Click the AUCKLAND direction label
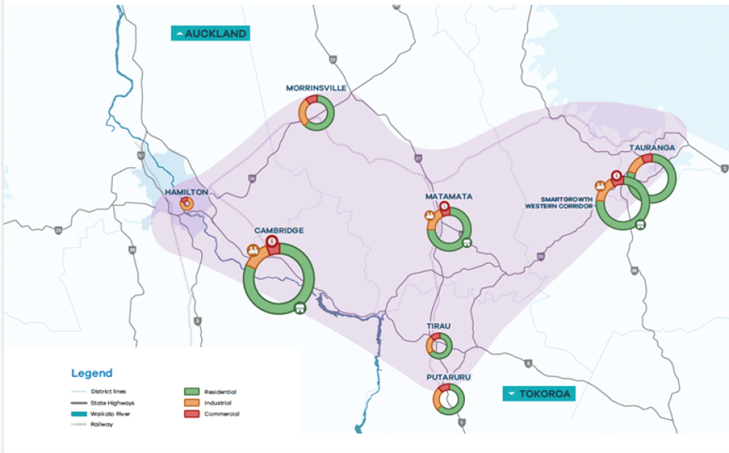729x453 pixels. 211,34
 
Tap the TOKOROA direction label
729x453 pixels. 539,393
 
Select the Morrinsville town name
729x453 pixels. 316,88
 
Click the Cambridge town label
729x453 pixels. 279,230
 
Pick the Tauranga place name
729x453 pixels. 651,147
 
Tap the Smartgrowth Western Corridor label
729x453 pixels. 559,201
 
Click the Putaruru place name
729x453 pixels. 448,378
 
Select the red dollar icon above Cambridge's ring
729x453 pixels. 272,241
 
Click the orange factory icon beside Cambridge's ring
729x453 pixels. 252,251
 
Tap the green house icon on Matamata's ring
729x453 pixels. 466,243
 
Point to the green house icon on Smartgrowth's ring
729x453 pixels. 640,225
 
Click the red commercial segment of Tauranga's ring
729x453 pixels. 647,158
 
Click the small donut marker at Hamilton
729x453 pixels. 186,204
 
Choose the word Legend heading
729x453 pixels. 91,373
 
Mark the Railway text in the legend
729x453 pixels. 102,425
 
